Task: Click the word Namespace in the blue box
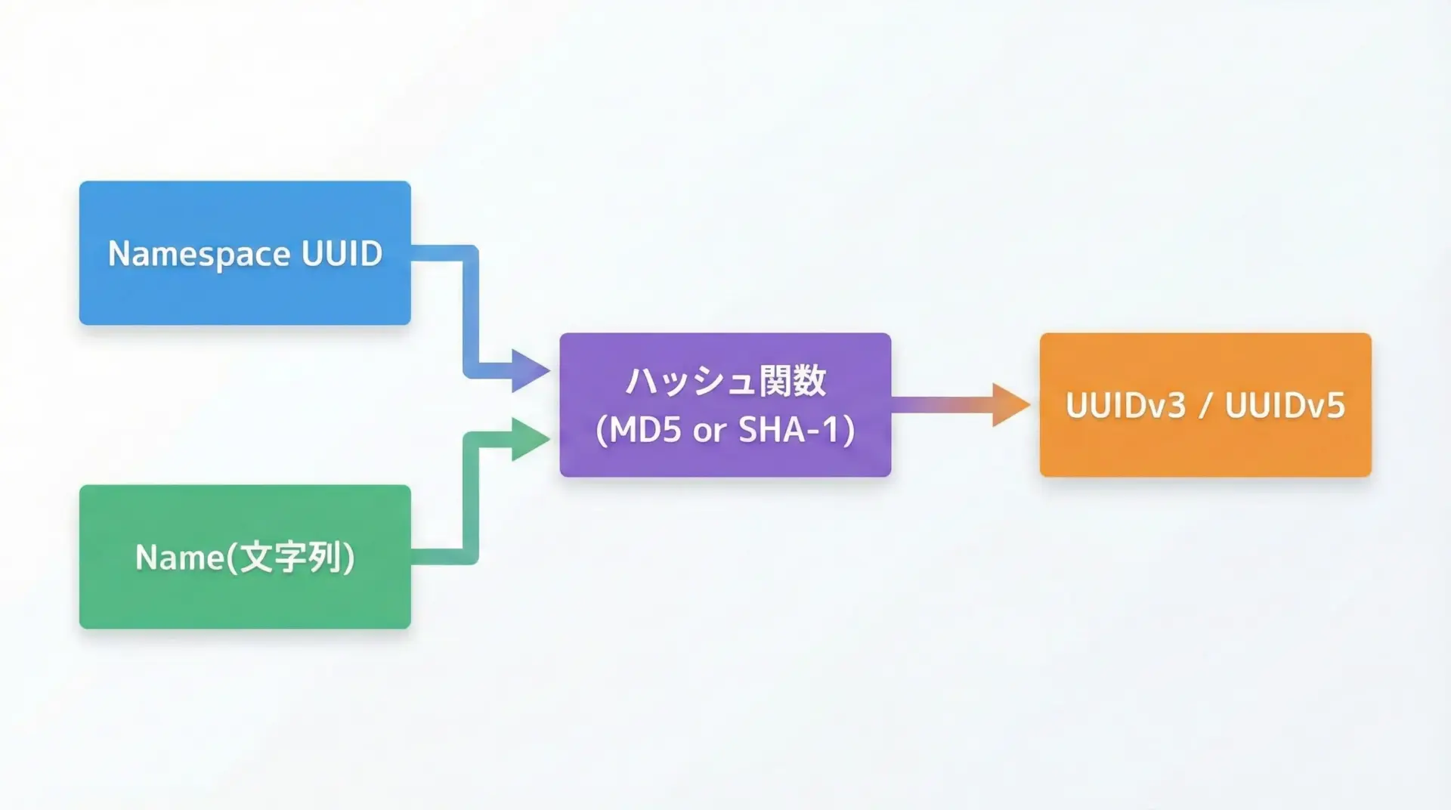(x=199, y=255)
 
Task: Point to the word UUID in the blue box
(x=342, y=253)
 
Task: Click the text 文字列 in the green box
(x=290, y=558)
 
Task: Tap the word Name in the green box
(x=179, y=558)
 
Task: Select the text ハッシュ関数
(x=725, y=381)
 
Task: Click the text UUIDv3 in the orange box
(x=1125, y=406)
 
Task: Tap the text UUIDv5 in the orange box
(x=1285, y=406)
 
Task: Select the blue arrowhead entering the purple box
(x=529, y=370)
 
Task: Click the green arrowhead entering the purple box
(x=529, y=439)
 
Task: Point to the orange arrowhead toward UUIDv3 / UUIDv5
(x=1009, y=405)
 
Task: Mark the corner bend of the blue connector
(x=470, y=254)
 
